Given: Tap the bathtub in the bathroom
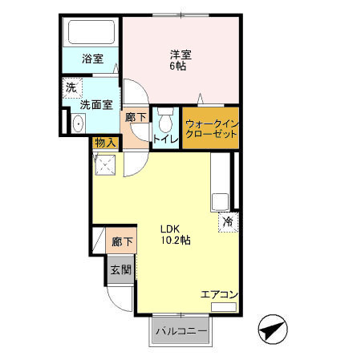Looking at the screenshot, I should pos(91,32).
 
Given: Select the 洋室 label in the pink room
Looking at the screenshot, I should pos(180,55).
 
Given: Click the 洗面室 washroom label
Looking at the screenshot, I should pos(95,103).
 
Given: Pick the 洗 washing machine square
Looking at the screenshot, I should pos(71,87).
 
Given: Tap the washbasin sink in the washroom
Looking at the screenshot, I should pos(78,123).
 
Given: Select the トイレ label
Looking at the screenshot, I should pos(165,139).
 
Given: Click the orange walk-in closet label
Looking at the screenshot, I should pos(212,129).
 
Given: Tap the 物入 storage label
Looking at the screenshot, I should pos(105,143).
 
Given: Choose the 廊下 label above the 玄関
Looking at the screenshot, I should pos(122,241).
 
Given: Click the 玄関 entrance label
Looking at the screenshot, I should pos(120,269).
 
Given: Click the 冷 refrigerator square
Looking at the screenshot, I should pos(228,220).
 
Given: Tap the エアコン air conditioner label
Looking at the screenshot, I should pos(219,295).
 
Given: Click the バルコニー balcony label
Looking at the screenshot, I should pos(181,331).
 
